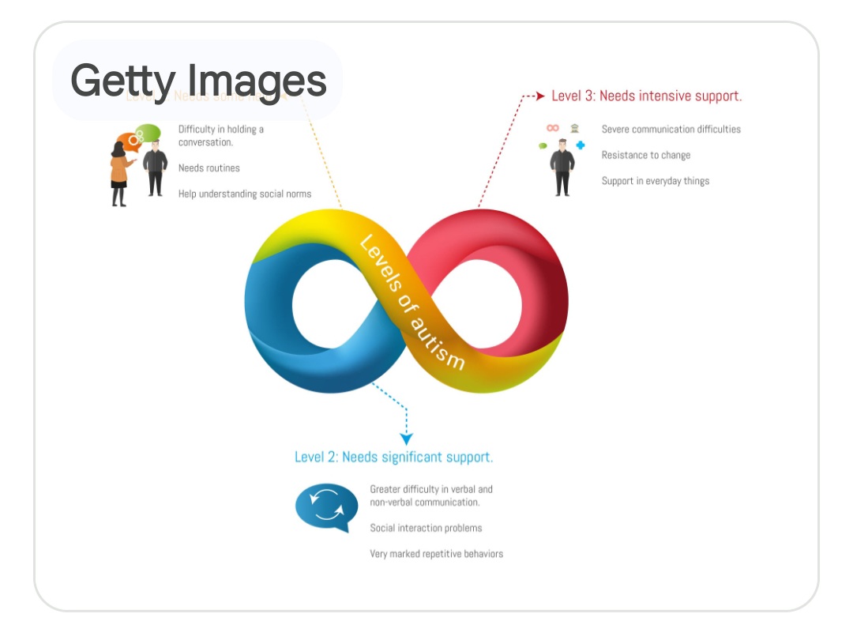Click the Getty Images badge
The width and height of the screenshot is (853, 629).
point(197,80)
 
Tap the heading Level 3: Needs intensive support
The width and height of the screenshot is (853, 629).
point(646,96)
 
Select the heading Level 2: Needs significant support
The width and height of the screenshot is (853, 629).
point(393,457)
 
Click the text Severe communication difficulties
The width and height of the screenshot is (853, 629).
point(671,129)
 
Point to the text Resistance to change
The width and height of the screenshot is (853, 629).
point(645,155)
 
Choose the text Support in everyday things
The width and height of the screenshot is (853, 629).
point(655,181)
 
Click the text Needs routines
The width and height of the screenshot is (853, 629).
point(209,168)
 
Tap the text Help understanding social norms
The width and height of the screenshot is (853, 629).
point(244,194)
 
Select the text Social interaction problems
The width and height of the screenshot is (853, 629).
point(426,528)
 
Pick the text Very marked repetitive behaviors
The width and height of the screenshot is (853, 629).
point(436,554)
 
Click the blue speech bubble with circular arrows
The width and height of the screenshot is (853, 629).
point(326,507)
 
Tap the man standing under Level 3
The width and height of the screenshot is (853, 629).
point(562,167)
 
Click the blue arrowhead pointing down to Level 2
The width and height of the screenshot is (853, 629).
point(406,439)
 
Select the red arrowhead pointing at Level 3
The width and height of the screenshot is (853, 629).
point(540,96)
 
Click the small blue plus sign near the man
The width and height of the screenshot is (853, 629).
point(581,145)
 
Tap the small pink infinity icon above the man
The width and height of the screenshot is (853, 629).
point(553,127)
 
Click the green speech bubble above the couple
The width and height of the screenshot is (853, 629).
point(148,132)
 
